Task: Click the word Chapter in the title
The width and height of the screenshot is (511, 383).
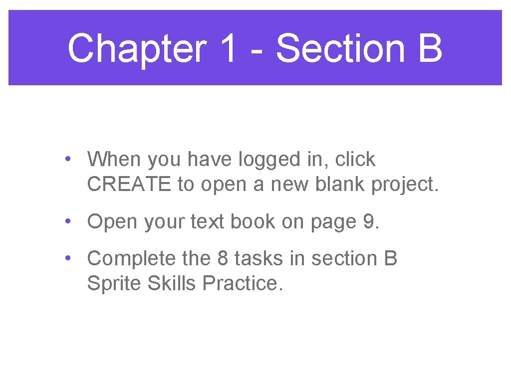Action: pyautogui.click(x=136, y=49)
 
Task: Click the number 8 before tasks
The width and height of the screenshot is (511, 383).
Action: pyautogui.click(x=223, y=259)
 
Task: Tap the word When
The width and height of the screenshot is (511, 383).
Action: pyautogui.click(x=114, y=160)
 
